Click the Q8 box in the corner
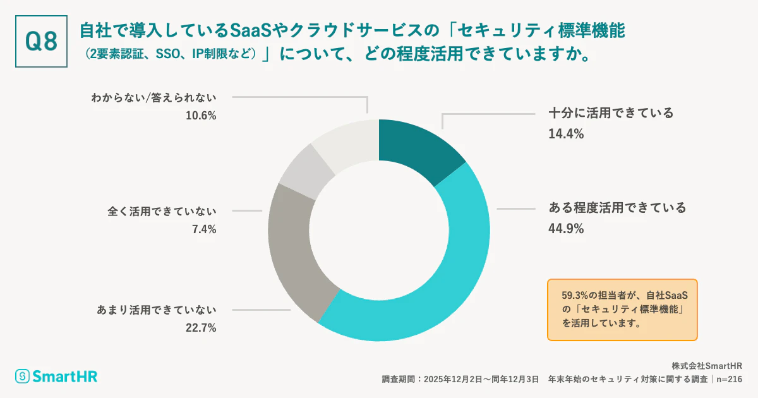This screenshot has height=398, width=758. coord(41,41)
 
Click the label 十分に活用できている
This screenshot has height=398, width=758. coord(611,114)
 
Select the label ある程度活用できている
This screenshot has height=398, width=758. coord(617,208)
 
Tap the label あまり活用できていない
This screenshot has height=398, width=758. coord(157,310)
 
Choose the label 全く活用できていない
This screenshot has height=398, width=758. coord(162,211)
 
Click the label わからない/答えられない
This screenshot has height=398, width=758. coord(153,97)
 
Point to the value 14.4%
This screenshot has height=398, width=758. coord(566,134)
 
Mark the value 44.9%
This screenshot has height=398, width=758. coord(566,228)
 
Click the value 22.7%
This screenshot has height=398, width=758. coord(200,328)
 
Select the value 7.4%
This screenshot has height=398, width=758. coord(203,229)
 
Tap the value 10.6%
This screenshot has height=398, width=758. coord(200,116)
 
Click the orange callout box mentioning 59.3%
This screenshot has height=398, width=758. coord(622,310)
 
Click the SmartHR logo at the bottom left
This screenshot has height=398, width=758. coord(57,377)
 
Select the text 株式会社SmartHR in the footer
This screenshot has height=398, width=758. coord(707,366)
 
